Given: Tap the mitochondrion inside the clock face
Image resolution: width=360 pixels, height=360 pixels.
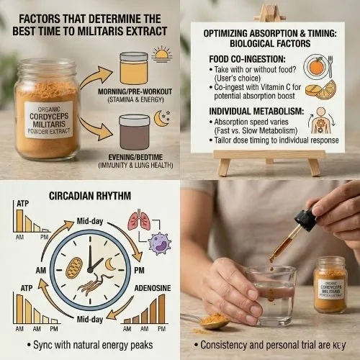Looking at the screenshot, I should [73, 266].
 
